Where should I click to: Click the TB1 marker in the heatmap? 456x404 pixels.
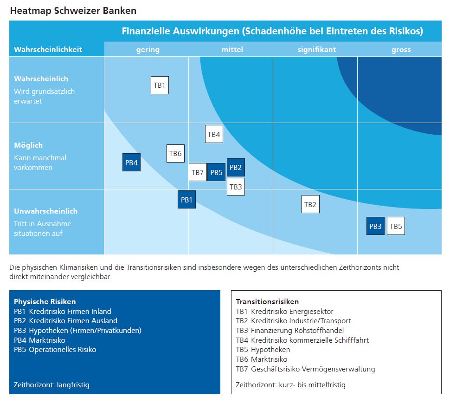160,85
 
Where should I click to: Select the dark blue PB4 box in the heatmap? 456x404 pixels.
131,163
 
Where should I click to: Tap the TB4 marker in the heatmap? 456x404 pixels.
214,134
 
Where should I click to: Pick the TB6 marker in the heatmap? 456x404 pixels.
175,153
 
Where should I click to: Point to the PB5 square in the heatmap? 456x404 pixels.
216,172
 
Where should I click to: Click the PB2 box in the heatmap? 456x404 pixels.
236,167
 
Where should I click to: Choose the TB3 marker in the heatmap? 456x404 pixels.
236,187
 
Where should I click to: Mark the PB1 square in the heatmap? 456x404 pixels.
186,200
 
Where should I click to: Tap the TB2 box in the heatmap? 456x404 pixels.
310,204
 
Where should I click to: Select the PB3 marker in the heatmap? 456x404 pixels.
375,226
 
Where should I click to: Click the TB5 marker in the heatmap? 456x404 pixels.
396,226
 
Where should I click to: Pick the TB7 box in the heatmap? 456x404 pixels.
198,172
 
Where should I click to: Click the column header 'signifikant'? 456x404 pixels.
317,49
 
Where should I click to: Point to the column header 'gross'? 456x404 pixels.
401,49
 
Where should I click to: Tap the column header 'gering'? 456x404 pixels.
148,49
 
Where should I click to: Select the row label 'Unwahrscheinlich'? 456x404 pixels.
45,211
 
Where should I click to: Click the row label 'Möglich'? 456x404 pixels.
28,145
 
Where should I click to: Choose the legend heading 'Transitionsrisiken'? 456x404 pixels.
267,301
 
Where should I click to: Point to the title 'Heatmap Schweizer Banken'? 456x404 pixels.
73,10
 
